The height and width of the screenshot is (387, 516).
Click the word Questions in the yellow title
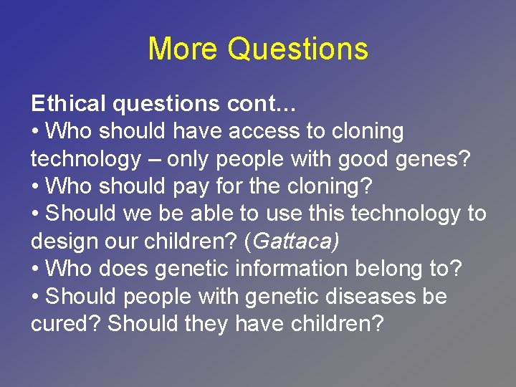click(298, 49)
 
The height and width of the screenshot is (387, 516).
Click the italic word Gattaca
click(294, 242)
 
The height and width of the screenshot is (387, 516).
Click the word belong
click(400, 269)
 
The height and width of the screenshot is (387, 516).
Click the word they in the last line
click(207, 324)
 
